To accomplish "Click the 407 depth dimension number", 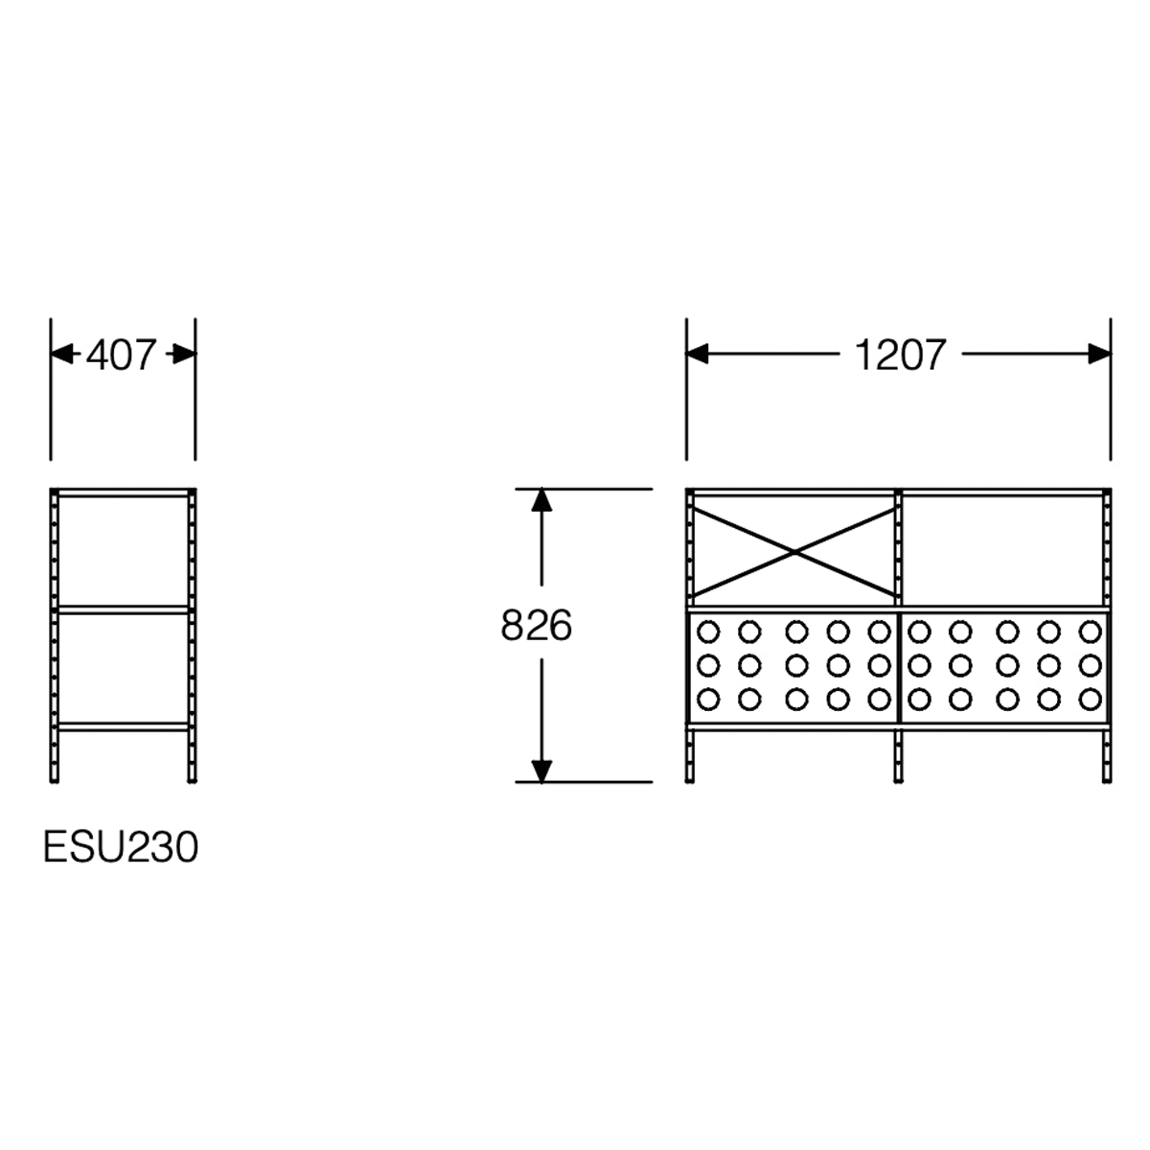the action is (x=121, y=355).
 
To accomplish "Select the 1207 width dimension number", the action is (x=900, y=355).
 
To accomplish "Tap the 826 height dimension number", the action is (x=536, y=626).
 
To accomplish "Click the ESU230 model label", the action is (x=121, y=847).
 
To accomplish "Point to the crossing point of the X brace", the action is (x=794, y=553).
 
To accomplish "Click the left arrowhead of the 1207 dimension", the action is (x=697, y=354).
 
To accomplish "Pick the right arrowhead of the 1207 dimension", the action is (x=1100, y=354).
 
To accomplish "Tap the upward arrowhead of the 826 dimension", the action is (x=541, y=500).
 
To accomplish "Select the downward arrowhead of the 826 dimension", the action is (x=541, y=771).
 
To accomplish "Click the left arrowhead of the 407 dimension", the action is (x=62, y=354).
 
